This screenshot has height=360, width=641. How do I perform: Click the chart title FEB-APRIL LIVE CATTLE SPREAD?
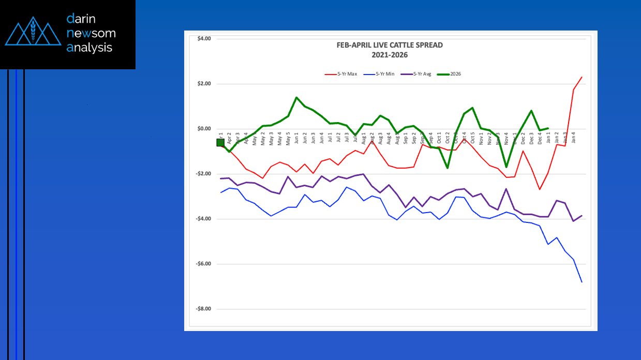pos(390,45)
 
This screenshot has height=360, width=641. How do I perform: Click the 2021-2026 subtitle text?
pos(390,54)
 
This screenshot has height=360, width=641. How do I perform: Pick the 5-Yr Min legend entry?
pos(383,74)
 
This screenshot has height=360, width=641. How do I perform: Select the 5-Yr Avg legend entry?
pos(420,74)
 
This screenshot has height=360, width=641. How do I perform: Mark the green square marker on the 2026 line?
pos(220,142)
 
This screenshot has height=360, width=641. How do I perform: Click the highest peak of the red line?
pos(582,77)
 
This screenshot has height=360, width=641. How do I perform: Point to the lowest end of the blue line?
pos(582,282)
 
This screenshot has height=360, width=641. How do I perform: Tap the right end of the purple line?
pos(582,216)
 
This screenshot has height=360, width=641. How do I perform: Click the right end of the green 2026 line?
pos(548,128)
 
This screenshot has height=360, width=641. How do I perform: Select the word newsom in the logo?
pos(91,34)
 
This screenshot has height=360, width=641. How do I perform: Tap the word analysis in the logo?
pos(89,48)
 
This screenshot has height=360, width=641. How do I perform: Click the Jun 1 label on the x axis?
pos(296,139)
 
